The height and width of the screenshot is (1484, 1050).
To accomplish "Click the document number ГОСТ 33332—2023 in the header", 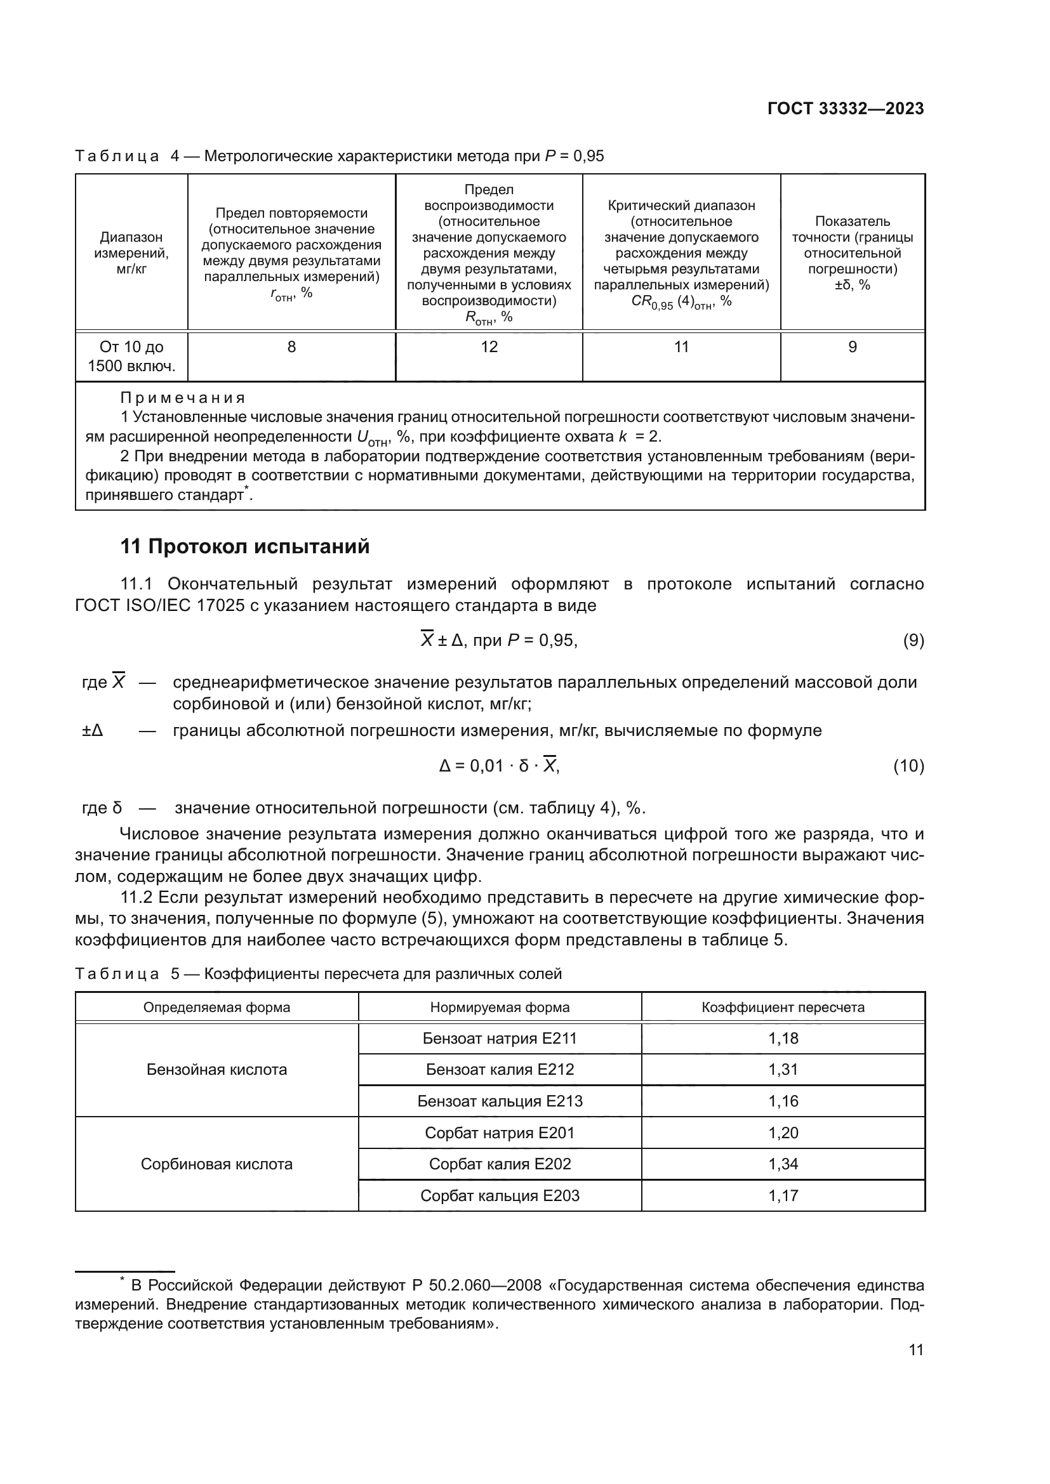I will click(x=845, y=108).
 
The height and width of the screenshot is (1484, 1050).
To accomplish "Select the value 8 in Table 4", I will click(x=291, y=347).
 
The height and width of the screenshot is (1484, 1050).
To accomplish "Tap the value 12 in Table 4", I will click(x=489, y=347).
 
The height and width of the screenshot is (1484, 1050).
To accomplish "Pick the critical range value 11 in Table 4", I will click(x=681, y=347).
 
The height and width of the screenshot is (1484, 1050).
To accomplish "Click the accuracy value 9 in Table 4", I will click(x=852, y=347).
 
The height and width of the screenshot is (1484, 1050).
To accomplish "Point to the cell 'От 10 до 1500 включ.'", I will click(x=131, y=357).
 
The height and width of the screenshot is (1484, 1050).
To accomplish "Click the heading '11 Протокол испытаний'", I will click(x=245, y=547).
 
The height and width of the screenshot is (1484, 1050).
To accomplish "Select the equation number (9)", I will click(x=913, y=641).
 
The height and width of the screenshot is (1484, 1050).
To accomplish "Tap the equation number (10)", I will click(x=908, y=766).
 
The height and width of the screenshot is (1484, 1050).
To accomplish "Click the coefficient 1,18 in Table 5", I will click(x=783, y=1039).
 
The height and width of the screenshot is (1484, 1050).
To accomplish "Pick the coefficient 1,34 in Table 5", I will click(x=783, y=1164).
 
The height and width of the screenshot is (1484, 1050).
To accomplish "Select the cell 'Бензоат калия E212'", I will click(x=500, y=1070).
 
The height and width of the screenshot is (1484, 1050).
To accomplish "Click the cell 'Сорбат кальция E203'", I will click(x=500, y=1196).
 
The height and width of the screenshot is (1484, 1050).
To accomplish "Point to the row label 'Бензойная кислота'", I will click(x=216, y=1070).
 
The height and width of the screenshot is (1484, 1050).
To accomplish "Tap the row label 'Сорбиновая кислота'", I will click(x=216, y=1164).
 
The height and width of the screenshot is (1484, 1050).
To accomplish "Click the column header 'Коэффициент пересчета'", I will click(x=783, y=1007).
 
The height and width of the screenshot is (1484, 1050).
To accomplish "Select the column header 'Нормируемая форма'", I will click(x=500, y=1007).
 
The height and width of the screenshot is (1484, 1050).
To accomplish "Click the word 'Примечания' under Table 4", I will click(x=183, y=398).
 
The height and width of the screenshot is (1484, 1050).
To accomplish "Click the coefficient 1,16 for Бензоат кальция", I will click(x=783, y=1101).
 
